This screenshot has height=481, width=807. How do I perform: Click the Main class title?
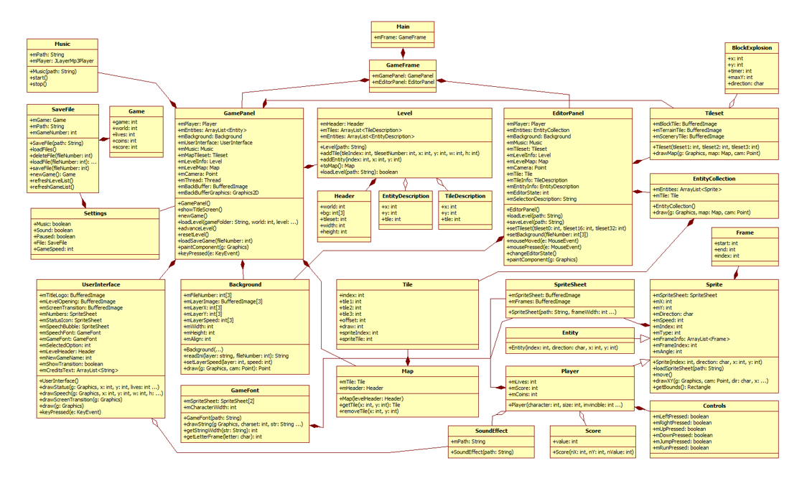(403, 27)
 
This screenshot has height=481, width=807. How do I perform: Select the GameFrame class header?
(403, 65)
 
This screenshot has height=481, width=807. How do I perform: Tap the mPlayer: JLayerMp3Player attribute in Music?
(62, 61)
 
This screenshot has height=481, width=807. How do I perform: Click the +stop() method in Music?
(39, 84)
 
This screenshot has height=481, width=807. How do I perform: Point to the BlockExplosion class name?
(752, 48)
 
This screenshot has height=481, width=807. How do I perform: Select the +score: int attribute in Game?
(125, 147)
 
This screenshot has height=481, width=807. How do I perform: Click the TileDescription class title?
(465, 196)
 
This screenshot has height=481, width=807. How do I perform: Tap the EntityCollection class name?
(714, 179)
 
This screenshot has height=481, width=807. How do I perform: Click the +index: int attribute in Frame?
(727, 256)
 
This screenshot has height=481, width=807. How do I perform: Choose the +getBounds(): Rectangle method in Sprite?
(682, 387)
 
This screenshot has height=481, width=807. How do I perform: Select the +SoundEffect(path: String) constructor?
(482, 452)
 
